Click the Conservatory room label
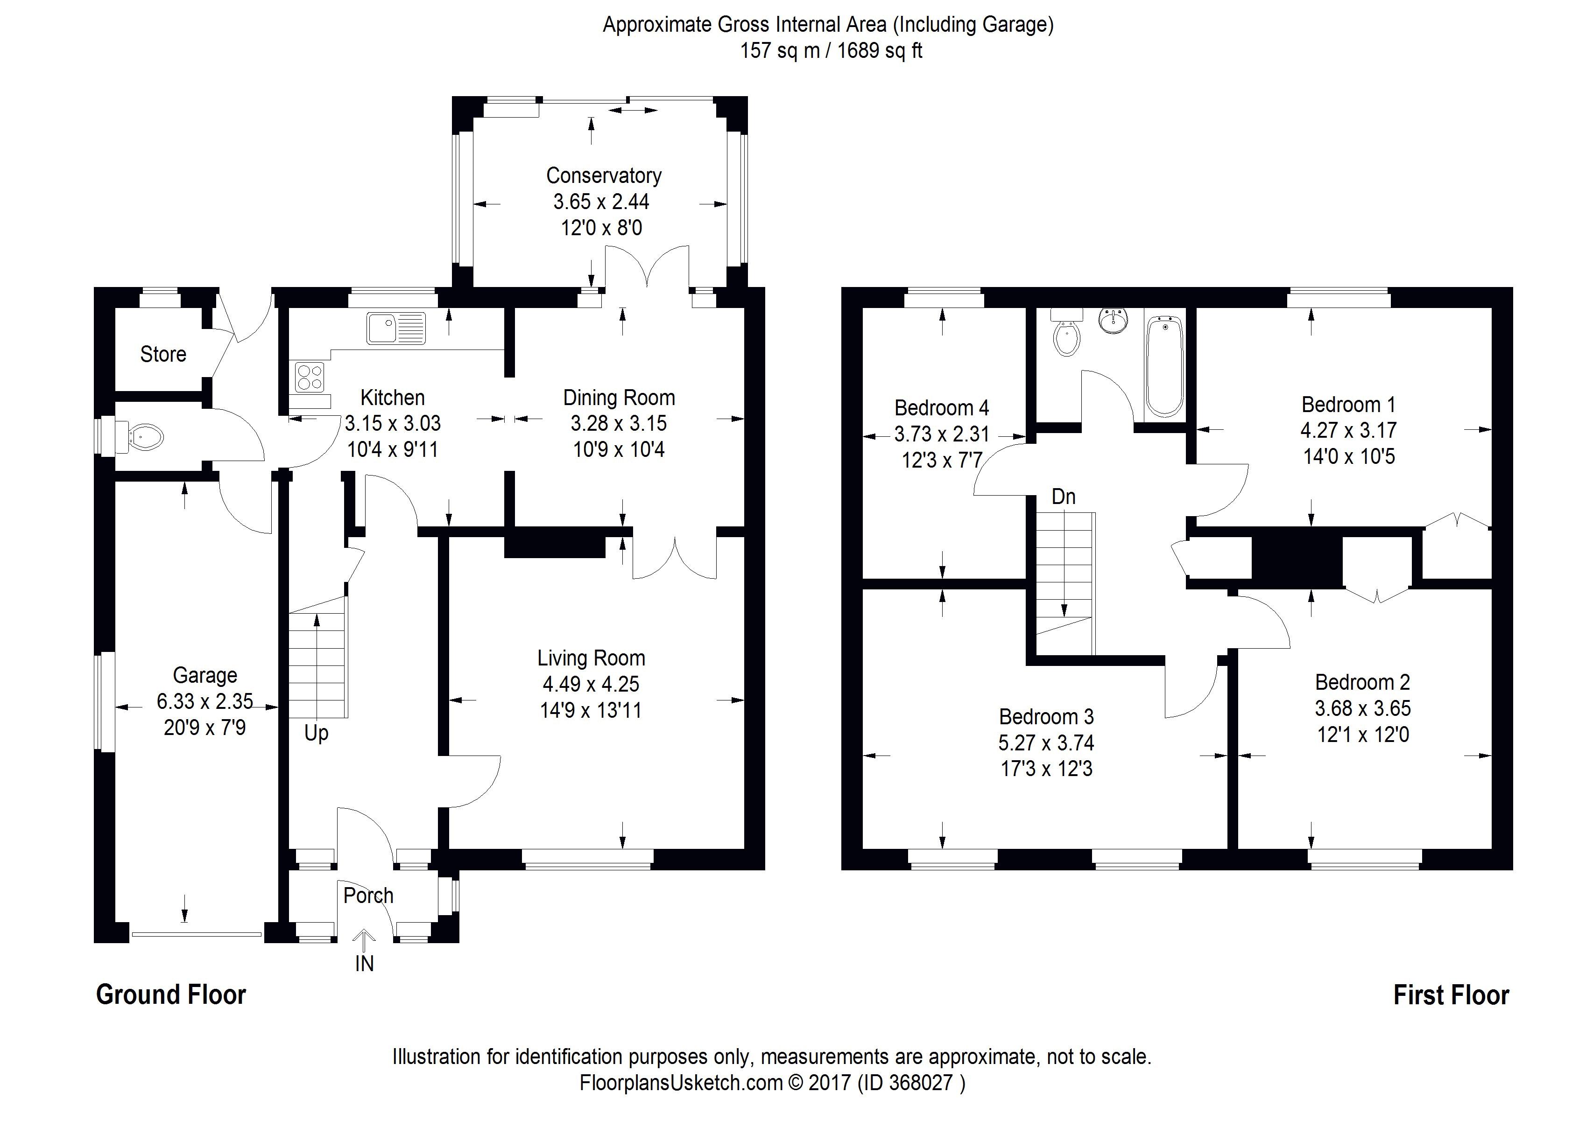tap(604, 175)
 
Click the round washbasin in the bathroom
tap(1113, 321)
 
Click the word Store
tap(163, 355)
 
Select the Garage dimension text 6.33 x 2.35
tap(205, 701)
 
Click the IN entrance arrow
tap(364, 940)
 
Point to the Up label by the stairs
tap(316, 734)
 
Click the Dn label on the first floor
tap(1063, 497)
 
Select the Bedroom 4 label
tap(941, 407)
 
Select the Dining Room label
tap(619, 398)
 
